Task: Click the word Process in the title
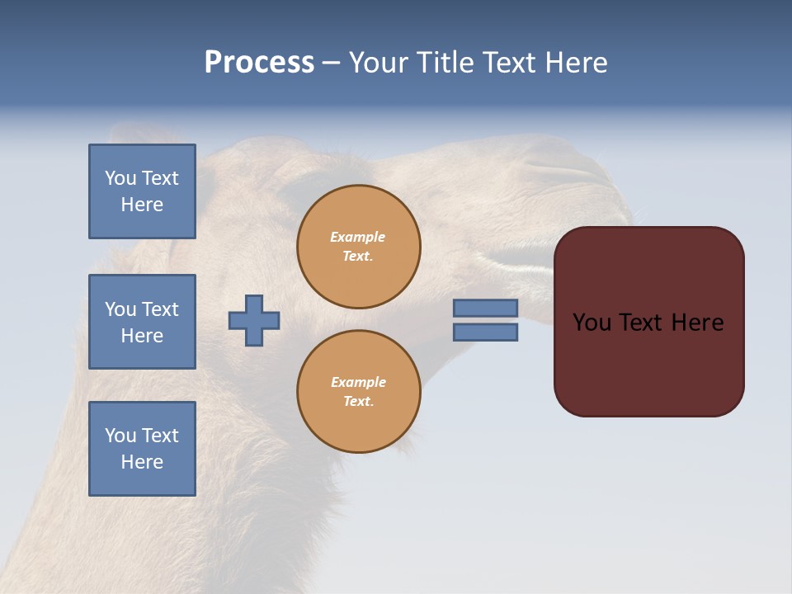tap(259, 62)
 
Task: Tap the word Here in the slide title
tap(573, 62)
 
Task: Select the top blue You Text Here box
tap(142, 191)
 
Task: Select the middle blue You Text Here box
tap(142, 322)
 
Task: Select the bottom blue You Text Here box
tap(142, 449)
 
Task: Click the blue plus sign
tap(254, 320)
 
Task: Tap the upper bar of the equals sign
tap(485, 309)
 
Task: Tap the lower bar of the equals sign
tap(485, 332)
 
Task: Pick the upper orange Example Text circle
tap(358, 247)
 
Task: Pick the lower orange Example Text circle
tap(358, 392)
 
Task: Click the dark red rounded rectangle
tap(648, 363)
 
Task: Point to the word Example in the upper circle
tap(358, 237)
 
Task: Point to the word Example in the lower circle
tap(358, 382)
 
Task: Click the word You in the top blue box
tap(120, 178)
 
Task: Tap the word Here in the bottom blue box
tap(142, 462)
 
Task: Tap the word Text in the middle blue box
tap(160, 309)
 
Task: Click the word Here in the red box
tap(697, 323)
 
